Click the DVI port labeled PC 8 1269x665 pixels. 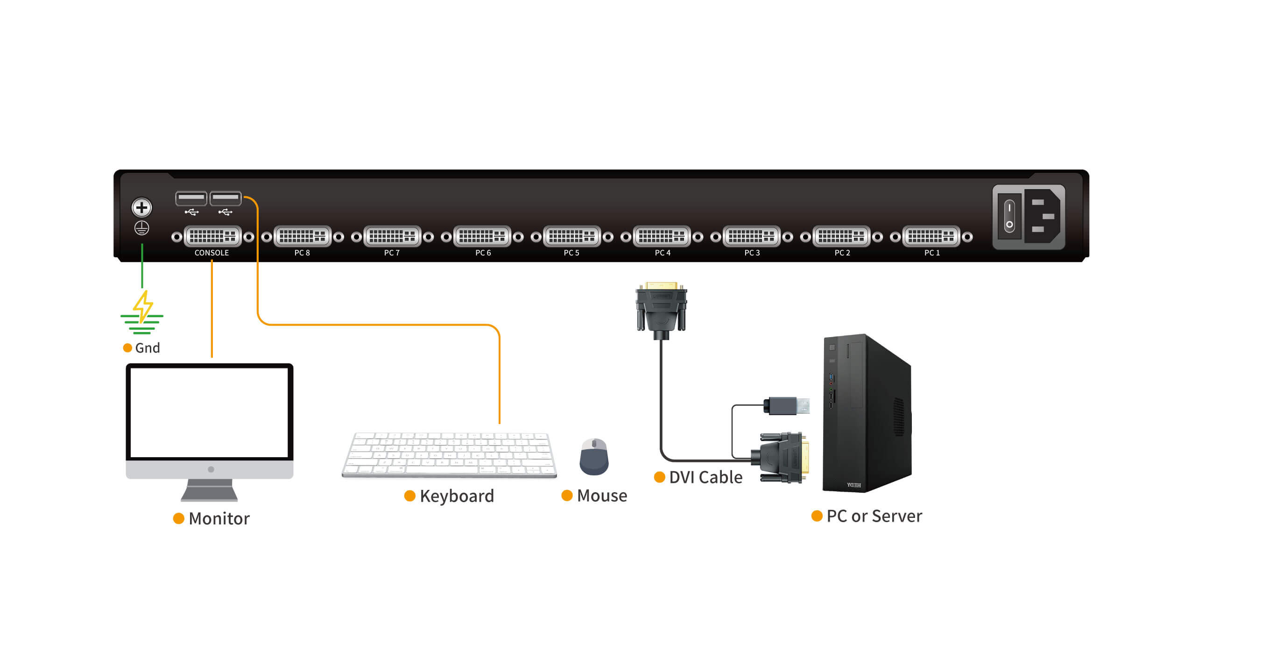[x=303, y=236]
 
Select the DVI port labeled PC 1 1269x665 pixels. [x=931, y=236]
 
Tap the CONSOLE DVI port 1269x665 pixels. [x=212, y=236]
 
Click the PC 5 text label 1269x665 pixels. [x=571, y=253]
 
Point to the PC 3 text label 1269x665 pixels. [x=752, y=253]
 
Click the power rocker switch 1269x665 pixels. [x=1009, y=216]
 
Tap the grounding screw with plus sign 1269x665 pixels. [x=141, y=207]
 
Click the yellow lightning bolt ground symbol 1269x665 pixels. [x=143, y=306]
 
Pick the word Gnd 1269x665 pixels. [x=147, y=348]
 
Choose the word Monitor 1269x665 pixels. [x=219, y=519]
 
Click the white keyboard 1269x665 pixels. [x=449, y=455]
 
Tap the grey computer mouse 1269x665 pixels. [x=594, y=457]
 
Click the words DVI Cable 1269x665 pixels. [x=705, y=477]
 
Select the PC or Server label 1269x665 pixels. [x=874, y=516]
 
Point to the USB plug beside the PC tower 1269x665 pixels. [x=787, y=406]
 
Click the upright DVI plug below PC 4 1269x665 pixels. [x=661, y=309]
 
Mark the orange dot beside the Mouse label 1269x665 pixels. [x=567, y=495]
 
